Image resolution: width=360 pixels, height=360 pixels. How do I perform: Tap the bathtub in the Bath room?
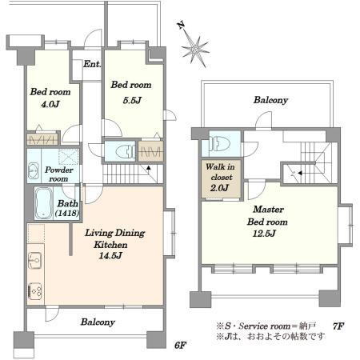43,203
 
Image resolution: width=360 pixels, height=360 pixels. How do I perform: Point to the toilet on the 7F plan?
220,144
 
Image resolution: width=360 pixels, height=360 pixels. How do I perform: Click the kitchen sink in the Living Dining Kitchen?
35,260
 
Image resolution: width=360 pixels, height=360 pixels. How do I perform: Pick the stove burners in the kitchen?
35,291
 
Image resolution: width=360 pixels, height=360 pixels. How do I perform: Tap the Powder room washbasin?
34,170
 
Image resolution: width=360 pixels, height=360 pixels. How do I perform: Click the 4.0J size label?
50,104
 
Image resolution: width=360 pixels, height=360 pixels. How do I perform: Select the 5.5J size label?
132,100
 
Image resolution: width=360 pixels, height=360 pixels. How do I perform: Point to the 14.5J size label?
110,256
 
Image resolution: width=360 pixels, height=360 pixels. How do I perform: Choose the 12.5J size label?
264,234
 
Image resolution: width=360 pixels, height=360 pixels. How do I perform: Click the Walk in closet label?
220,172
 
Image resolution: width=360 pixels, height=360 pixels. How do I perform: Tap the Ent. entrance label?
92,64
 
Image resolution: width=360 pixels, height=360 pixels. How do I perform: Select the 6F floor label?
180,346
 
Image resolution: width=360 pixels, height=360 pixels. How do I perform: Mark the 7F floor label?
338,326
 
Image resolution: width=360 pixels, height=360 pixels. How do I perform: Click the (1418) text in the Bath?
67,213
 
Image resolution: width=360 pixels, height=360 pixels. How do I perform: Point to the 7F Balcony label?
270,100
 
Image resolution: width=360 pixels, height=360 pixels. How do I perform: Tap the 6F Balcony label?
98,322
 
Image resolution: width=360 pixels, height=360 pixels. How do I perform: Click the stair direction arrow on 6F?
148,168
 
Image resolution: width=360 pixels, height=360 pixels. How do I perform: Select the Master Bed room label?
267,215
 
